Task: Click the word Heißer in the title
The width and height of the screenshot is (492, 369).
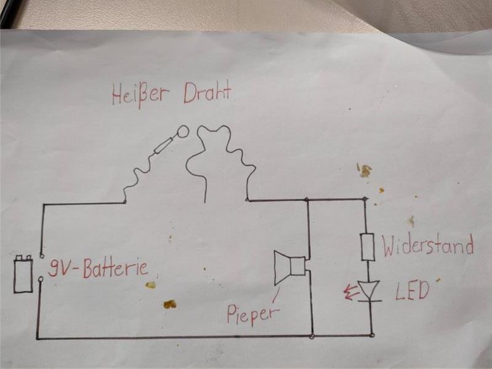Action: coord(141,94)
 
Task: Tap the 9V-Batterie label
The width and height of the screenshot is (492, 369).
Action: coord(98,269)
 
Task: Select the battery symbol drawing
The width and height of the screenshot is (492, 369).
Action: coord(23,274)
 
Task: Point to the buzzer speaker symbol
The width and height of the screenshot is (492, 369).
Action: coord(290,267)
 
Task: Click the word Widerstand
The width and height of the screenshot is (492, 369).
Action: coord(428,244)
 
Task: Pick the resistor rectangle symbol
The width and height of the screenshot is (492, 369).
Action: coord(368,247)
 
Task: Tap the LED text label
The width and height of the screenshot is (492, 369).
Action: coord(412,290)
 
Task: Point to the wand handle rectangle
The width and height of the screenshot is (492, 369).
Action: coord(164,145)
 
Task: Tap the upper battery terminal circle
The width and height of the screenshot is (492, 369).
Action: coord(41,256)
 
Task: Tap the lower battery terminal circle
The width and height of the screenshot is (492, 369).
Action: coord(41,279)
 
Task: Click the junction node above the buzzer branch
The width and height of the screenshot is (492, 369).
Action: coord(307,199)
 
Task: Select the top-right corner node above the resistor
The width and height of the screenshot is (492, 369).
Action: coord(365,199)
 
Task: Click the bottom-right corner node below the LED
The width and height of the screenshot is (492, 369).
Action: coord(372,335)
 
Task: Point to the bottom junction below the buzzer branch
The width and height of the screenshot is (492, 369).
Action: coord(312,336)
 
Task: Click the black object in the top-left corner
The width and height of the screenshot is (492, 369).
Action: coord(9,12)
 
